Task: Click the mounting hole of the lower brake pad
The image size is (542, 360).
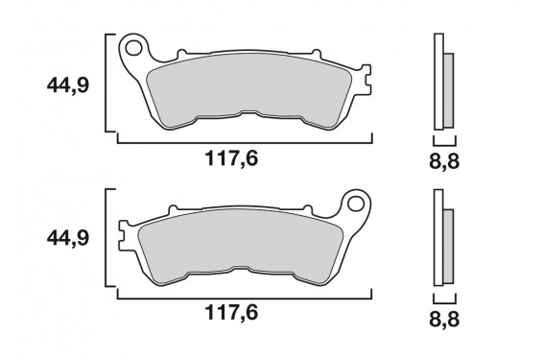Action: click(x=359, y=204)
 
